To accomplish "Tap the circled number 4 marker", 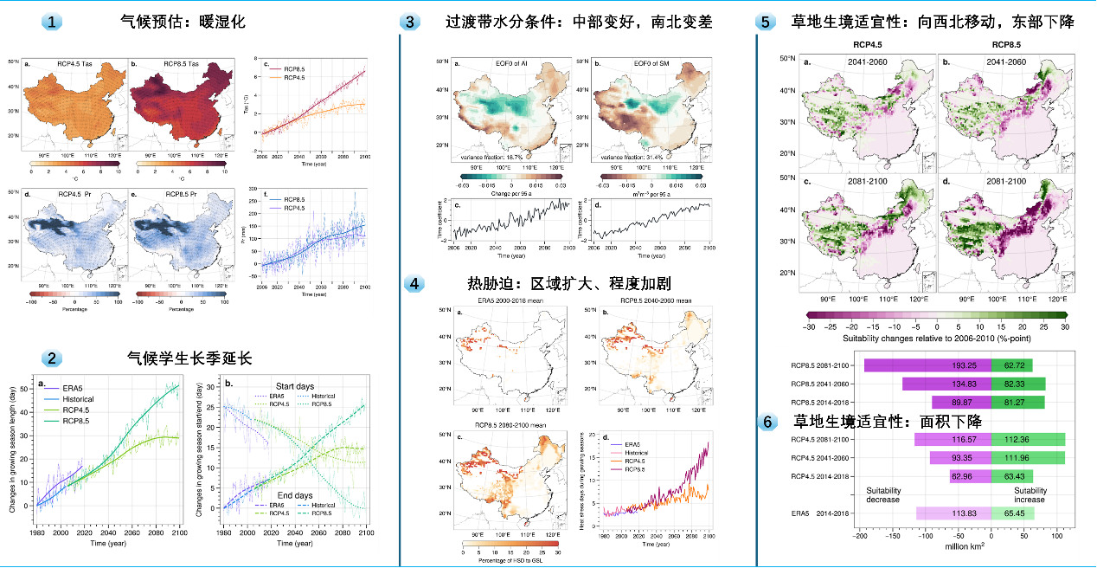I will pos(415,284).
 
